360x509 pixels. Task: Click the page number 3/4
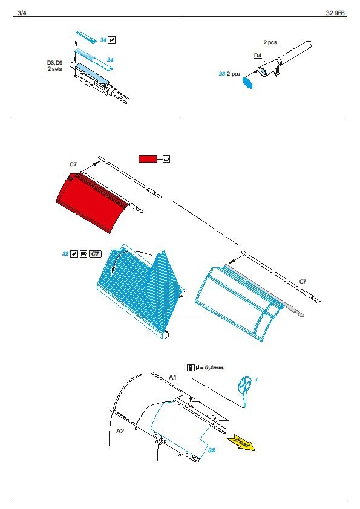click(22, 13)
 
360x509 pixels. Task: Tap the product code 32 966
click(335, 13)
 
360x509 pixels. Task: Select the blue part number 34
click(103, 40)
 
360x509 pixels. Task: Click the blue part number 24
click(110, 60)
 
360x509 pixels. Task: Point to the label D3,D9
click(54, 63)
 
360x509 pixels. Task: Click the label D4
click(258, 56)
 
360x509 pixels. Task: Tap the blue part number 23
click(222, 74)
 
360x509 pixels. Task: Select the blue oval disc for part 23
click(247, 82)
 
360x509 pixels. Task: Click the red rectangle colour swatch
click(148, 159)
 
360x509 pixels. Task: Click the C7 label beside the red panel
click(73, 164)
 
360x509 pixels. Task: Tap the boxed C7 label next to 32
click(95, 253)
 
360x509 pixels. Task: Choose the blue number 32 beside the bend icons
click(65, 254)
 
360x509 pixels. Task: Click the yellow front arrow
click(241, 443)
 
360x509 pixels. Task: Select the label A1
click(172, 377)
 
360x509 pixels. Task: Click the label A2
click(120, 431)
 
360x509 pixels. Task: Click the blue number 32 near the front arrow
click(212, 450)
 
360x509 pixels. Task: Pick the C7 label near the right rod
click(303, 282)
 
